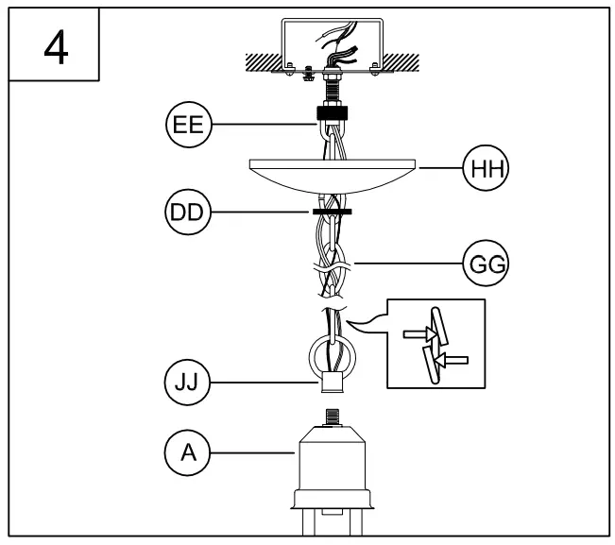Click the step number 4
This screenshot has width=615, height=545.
(x=55, y=47)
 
